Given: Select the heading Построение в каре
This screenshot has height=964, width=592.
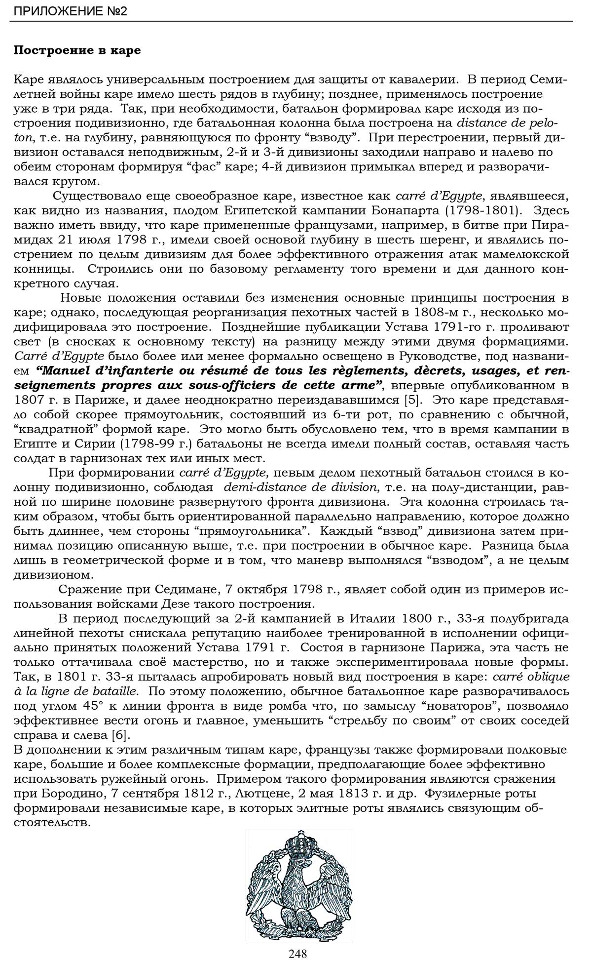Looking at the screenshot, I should [x=77, y=50].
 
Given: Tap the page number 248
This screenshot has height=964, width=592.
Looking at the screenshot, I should [x=298, y=953].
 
